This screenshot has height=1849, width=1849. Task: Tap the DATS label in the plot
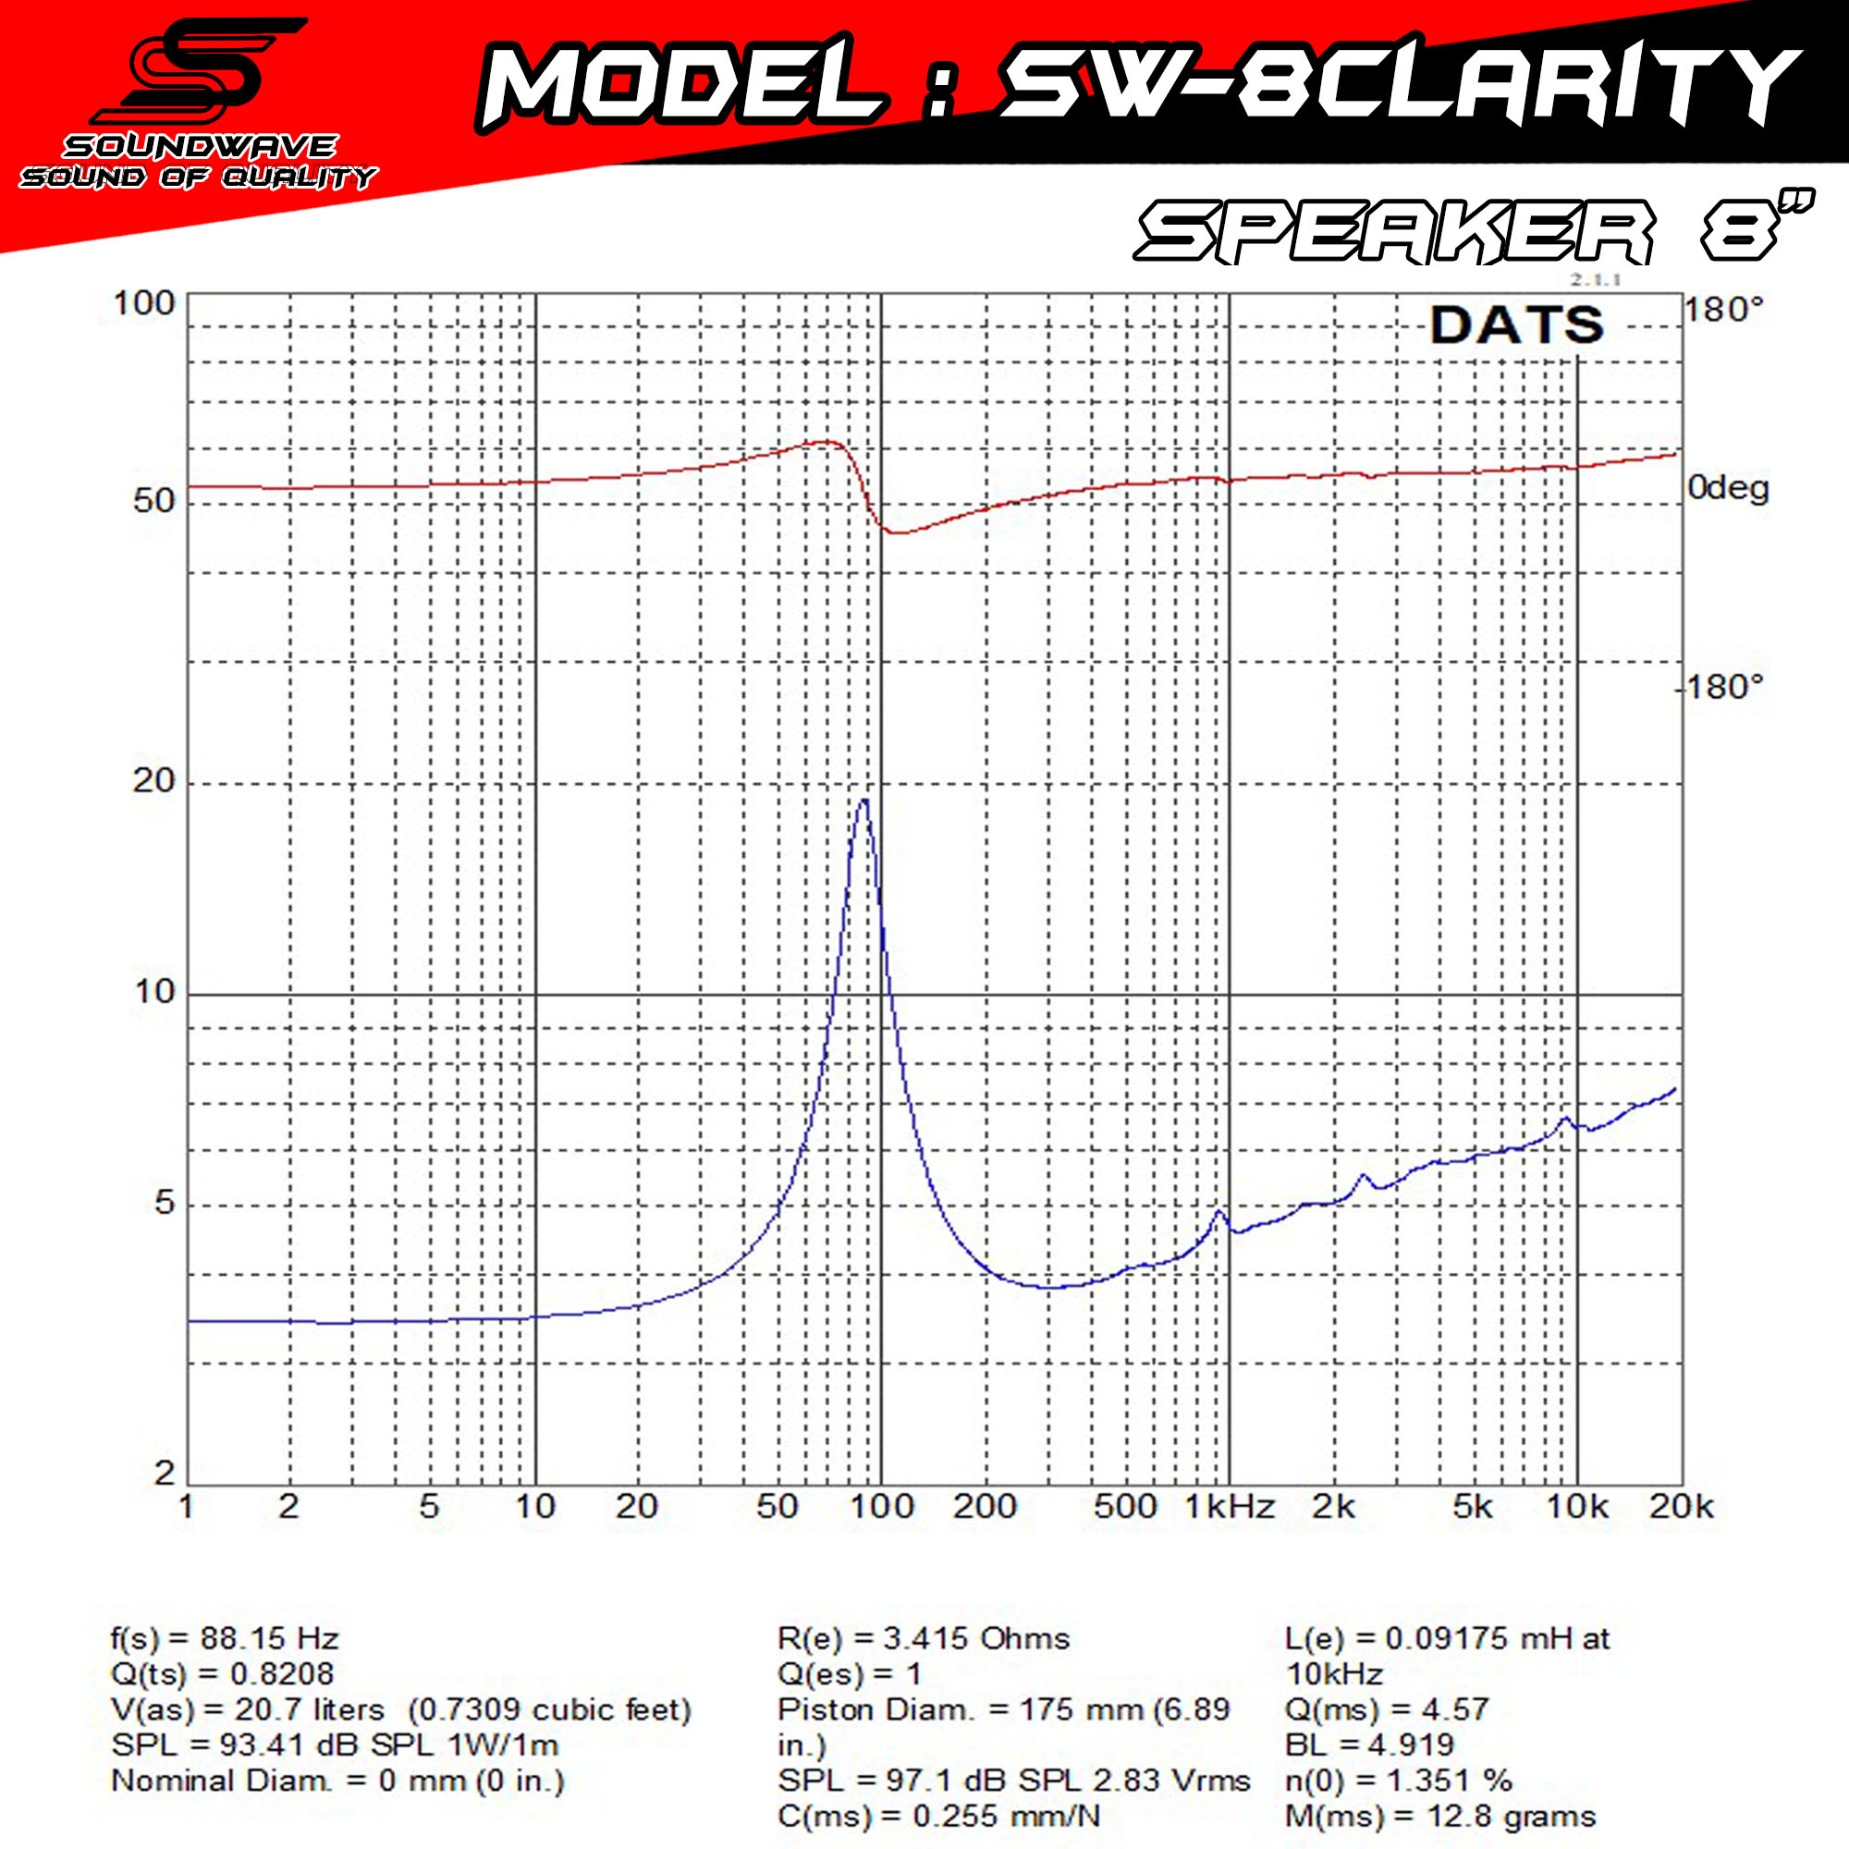[x=1516, y=325]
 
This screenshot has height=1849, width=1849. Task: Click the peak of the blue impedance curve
[x=864, y=800]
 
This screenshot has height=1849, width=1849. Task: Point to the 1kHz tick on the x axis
[x=1230, y=1507]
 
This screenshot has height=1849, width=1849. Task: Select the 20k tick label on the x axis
[x=1681, y=1507]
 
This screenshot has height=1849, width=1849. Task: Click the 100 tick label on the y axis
[x=143, y=304]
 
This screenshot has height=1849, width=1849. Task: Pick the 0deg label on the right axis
[x=1728, y=488]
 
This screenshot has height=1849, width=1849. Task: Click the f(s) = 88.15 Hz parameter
[x=225, y=1638]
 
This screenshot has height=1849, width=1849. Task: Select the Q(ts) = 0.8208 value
[x=222, y=1674]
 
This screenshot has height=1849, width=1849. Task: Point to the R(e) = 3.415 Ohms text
[x=924, y=1638]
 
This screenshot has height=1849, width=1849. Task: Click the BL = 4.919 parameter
[x=1369, y=1745]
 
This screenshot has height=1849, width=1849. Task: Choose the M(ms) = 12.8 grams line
[x=1440, y=1817]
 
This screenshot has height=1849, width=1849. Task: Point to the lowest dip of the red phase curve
[x=895, y=533]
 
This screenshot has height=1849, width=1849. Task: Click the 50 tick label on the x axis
[x=778, y=1507]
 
